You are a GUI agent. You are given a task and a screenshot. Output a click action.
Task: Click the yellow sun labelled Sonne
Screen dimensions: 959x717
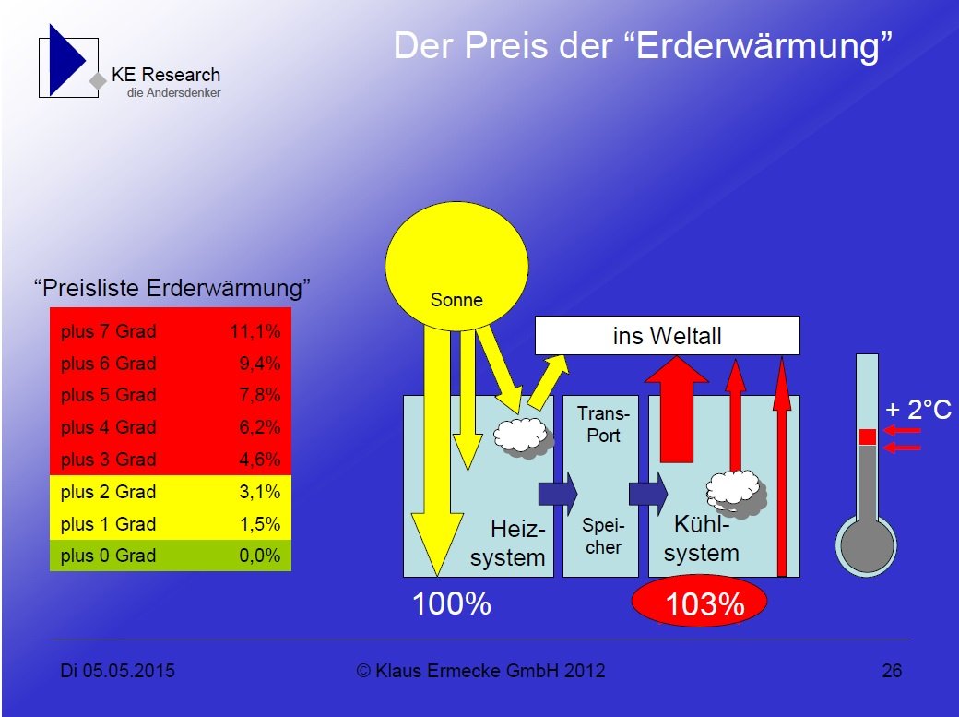click(456, 267)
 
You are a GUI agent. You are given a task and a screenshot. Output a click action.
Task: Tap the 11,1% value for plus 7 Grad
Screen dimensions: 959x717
click(255, 331)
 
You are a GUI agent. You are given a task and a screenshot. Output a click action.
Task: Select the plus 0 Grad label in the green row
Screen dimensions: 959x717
click(108, 556)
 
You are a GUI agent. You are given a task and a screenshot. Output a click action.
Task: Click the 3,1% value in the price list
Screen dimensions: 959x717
click(260, 492)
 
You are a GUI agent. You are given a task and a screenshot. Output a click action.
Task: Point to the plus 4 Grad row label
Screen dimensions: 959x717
click(108, 426)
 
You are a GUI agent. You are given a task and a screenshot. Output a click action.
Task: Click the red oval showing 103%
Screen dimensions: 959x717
click(699, 603)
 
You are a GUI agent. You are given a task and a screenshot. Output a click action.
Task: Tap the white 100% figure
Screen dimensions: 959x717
click(452, 603)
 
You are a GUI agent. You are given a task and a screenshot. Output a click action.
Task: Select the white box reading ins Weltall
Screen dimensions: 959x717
click(668, 336)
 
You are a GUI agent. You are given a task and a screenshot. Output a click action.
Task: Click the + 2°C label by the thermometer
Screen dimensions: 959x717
click(918, 410)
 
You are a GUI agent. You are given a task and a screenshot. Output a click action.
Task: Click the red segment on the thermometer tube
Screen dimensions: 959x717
click(868, 437)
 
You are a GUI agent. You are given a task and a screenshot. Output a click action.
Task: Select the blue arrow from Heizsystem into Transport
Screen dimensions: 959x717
click(558, 493)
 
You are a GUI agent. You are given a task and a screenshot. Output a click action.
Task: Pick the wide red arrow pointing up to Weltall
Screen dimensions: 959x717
click(677, 409)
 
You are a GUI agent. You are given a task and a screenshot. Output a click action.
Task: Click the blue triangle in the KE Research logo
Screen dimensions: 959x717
click(66, 60)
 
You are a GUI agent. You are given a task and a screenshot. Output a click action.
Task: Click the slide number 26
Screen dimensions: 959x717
click(892, 671)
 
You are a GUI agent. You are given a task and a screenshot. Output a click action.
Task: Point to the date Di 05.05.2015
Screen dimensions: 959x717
click(117, 671)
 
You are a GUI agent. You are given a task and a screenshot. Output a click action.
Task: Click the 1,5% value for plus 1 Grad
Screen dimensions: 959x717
click(260, 524)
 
